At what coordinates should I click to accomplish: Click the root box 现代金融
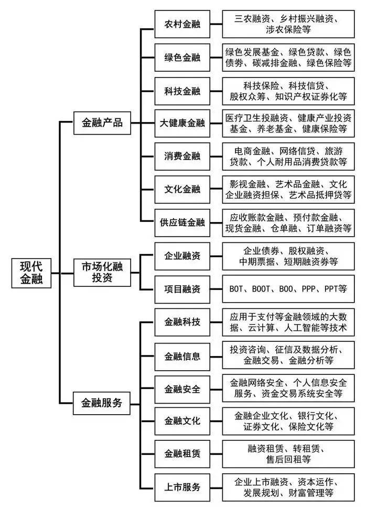tap(32, 272)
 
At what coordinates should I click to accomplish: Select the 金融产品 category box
tap(102, 123)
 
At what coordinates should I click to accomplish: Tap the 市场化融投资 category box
tap(102, 272)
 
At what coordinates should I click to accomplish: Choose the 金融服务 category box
tap(102, 403)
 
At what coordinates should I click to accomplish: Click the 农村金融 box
tap(182, 24)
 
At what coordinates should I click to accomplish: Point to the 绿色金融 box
tap(182, 58)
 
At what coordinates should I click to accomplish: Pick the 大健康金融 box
tap(182, 124)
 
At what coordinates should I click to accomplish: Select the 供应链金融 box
tap(182, 222)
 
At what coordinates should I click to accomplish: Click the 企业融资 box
tap(182, 256)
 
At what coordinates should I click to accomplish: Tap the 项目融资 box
tap(182, 288)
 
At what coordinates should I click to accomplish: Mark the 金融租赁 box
tap(182, 453)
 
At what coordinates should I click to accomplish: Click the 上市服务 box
tap(182, 486)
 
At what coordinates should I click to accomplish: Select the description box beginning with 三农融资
tap(288, 24)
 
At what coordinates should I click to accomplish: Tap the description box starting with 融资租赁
tap(288, 453)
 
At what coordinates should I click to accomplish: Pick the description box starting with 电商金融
tap(288, 156)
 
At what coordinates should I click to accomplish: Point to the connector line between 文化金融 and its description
tap(215, 190)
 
